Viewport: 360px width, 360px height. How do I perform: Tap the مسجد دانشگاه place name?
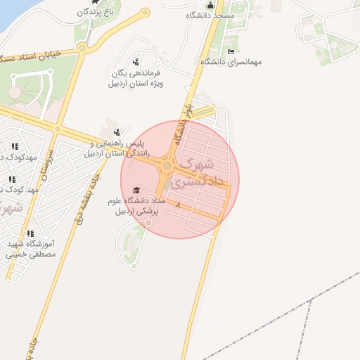coord(210,15)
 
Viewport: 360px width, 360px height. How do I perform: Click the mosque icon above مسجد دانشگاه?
coord(210,6)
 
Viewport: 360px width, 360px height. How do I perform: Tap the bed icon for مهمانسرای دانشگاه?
coord(231,51)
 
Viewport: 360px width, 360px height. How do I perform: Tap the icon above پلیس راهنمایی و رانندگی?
coord(117,131)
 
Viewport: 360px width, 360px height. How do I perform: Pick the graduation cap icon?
coord(136,190)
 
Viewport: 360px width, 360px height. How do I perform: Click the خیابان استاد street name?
coord(32,54)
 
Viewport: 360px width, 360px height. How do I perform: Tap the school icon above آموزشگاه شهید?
coord(30,233)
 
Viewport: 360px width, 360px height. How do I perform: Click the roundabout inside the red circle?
coord(167,166)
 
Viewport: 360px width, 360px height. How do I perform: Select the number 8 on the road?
coord(179,206)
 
